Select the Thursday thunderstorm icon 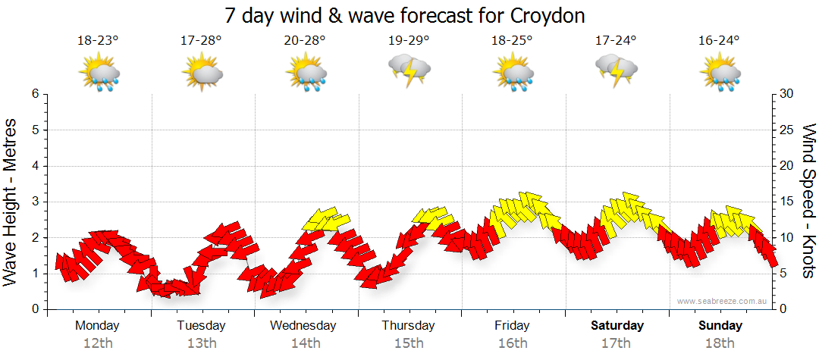point(409,70)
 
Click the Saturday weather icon point(617,70)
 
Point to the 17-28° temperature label point(201,40)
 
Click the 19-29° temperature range point(409,40)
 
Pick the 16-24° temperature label point(719,40)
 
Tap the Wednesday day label point(303,326)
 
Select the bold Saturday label point(617,326)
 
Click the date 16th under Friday point(513,343)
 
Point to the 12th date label point(98,343)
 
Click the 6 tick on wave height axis point(35,94)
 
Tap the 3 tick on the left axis point(35,202)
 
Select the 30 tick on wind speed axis point(787,94)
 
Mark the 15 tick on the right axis point(787,202)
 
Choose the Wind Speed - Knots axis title point(808,200)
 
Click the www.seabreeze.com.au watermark point(723,301)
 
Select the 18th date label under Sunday point(720,343)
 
